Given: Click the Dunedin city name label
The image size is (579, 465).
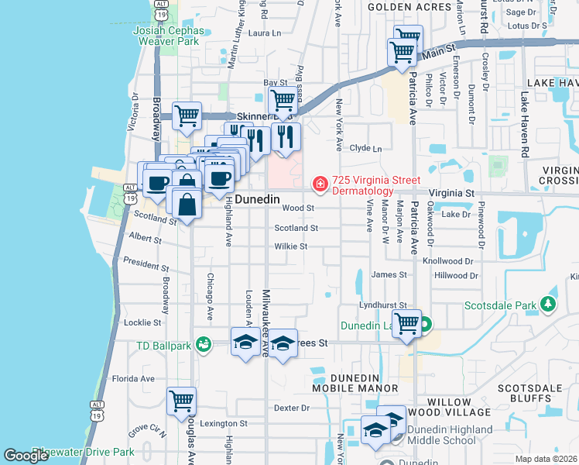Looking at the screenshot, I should [257, 199].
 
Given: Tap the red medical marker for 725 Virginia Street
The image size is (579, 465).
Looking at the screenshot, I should [319, 184].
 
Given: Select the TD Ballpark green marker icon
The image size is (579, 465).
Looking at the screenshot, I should [204, 343].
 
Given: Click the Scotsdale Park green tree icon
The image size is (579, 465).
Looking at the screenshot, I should [549, 305].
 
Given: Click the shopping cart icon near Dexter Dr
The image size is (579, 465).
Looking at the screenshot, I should [181, 401].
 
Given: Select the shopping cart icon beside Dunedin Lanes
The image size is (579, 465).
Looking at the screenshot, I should [406, 324].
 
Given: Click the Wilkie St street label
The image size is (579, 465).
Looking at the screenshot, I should [291, 247].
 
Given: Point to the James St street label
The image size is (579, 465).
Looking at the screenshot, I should [389, 274].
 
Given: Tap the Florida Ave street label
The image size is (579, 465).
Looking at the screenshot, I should [133, 379].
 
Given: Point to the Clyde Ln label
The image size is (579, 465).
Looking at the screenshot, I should [366, 148].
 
